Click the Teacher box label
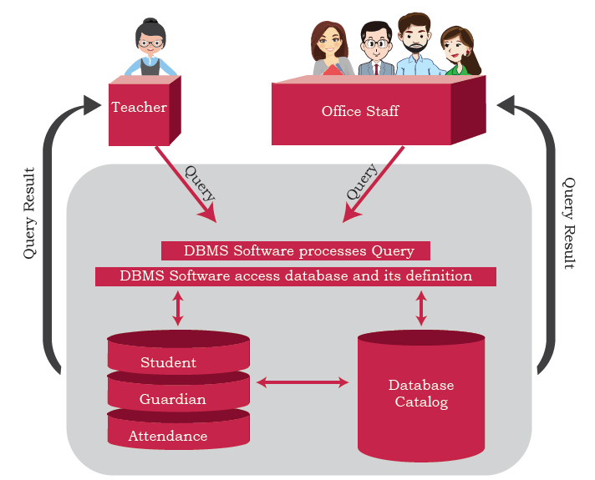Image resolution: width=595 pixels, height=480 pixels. coord(139,108)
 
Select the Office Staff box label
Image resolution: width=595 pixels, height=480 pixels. coord(360,111)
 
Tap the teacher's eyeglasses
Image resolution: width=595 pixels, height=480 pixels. coord(150,43)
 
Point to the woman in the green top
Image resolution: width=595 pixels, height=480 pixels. coord(460,51)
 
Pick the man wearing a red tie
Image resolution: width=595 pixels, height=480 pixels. coord(376,48)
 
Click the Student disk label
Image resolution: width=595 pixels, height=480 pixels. coord(169,362)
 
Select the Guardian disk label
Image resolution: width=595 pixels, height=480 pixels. coord(173,399)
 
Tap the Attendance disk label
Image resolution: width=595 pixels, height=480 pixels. coord(168,436)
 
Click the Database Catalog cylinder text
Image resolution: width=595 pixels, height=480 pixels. coord(421,393)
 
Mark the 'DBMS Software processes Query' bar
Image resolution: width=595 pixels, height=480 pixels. coord(296,251)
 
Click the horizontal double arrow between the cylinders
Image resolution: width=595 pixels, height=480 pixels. coord(303,382)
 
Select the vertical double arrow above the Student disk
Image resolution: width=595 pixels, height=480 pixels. coord(178,308)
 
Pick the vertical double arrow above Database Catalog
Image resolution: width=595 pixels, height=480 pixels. coord(421,308)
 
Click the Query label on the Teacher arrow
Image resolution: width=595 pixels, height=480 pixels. coord(200,184)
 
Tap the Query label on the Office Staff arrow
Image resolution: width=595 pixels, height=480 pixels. coord(362,181)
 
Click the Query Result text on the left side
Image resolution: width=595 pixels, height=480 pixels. coord(29,213)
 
